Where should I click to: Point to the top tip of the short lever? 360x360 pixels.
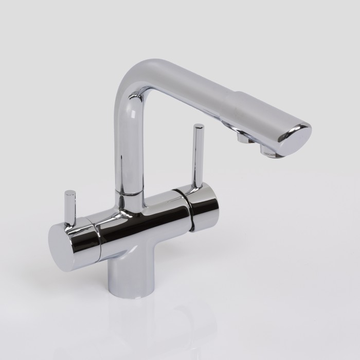pos(69,193)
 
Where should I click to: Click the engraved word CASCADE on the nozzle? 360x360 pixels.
pos(267,152)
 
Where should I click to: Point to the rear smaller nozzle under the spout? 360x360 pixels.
pos(240,139)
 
